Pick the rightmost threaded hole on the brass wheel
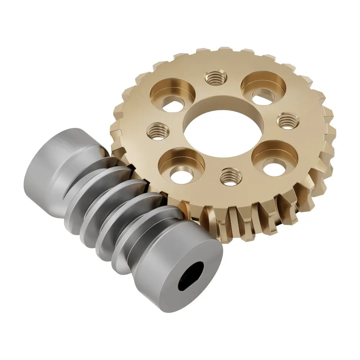coord(287,121)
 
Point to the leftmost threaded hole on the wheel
coord(158,131)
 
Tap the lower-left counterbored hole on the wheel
coord(181,168)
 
